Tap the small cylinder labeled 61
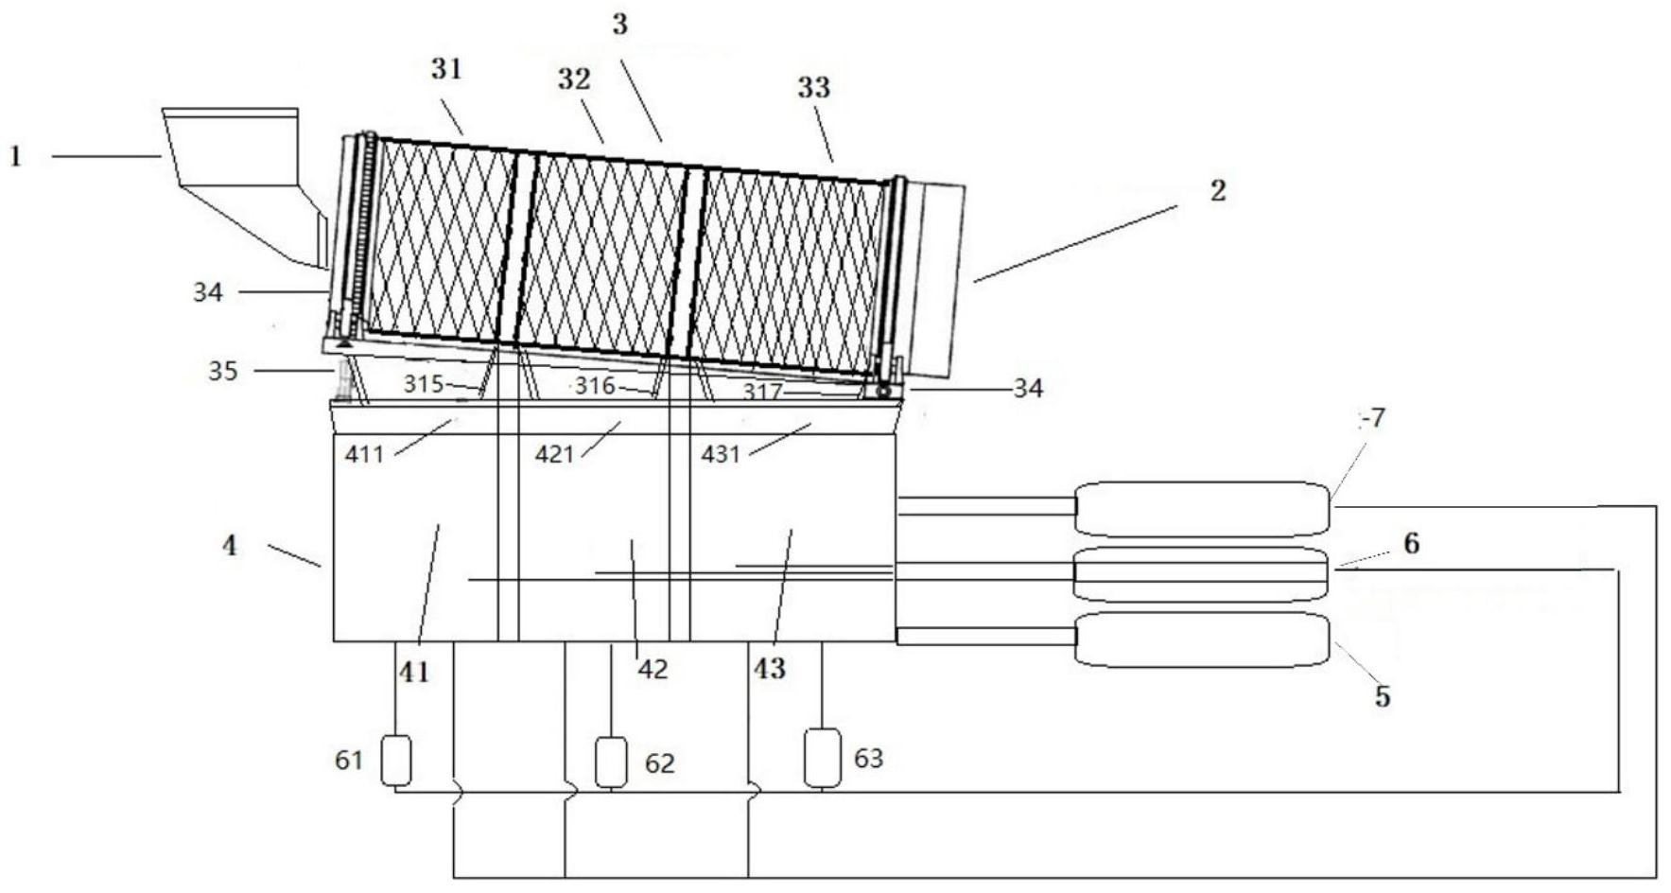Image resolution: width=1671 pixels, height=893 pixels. coord(396,761)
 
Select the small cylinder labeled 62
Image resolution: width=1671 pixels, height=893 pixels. coord(611,762)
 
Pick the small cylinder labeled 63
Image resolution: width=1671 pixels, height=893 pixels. coord(822,757)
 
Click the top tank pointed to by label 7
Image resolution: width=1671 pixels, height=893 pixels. coord(1202,509)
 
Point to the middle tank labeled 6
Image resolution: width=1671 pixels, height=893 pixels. coord(1202,573)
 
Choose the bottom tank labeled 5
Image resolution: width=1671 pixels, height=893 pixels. coord(1202,639)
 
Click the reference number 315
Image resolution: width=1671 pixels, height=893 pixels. coord(423,384)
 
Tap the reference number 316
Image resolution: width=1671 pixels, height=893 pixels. coord(596,386)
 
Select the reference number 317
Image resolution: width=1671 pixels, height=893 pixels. coord(761,392)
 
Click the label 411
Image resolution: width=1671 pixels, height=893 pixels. coord(364,455)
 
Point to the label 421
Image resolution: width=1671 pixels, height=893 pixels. coord(555,455)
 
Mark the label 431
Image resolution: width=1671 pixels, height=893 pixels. coord(721,455)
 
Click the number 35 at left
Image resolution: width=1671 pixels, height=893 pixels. coord(223,371)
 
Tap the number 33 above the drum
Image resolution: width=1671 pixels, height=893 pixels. coord(813,88)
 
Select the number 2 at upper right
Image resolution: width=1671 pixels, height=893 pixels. coord(1217,191)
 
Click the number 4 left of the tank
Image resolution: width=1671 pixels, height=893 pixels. coord(230,546)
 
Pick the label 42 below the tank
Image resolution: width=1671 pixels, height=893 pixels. coord(653,670)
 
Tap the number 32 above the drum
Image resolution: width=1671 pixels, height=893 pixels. coord(573,79)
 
